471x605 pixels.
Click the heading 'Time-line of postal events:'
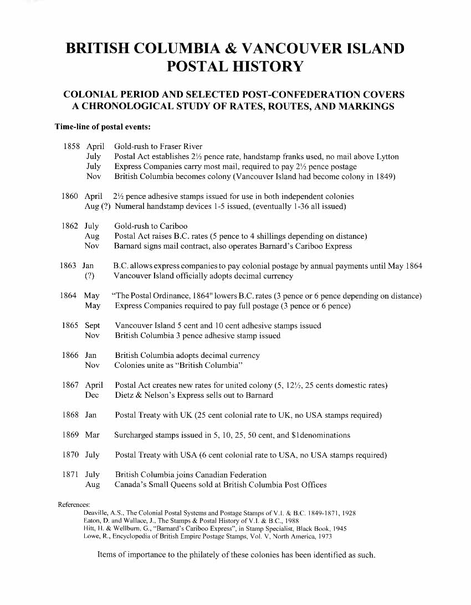103,127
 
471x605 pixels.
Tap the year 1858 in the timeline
73,147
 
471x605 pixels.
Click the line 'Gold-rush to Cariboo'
151,226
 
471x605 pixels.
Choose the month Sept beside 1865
93,326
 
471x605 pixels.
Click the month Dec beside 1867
92,396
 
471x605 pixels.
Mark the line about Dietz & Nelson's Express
193,396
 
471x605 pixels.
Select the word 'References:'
74,505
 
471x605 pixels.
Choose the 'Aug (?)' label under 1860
94,207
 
